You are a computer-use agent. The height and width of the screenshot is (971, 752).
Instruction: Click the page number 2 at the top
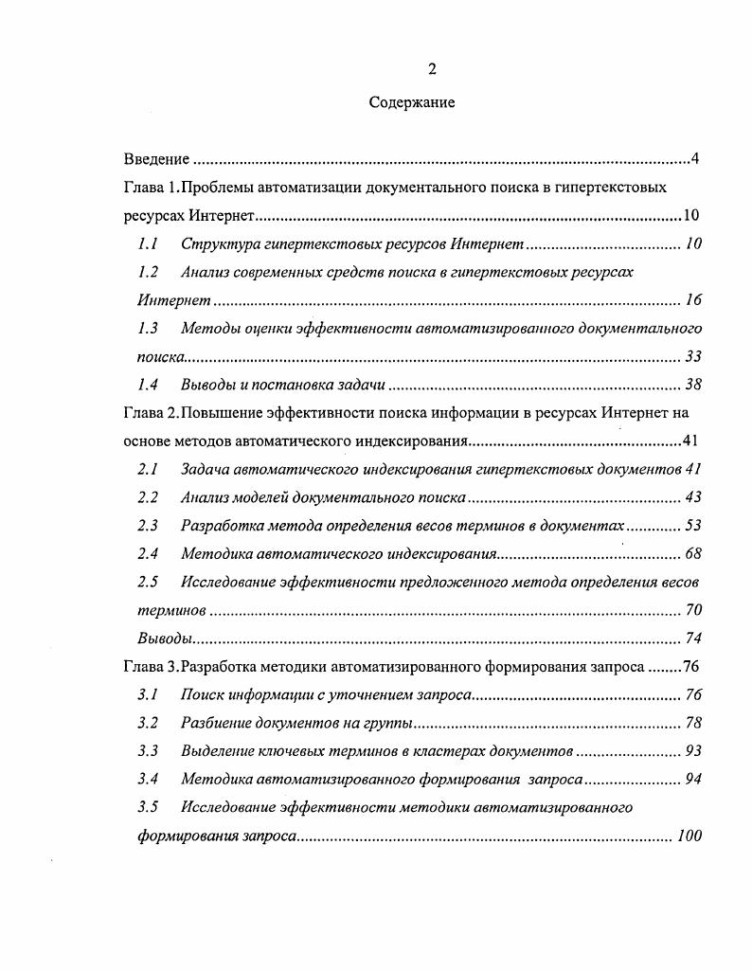click(x=432, y=69)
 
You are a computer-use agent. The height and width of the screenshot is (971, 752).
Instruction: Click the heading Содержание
click(x=412, y=102)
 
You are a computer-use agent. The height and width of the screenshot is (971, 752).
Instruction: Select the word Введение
click(x=157, y=158)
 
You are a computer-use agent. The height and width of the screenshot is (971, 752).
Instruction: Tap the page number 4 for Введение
click(x=695, y=158)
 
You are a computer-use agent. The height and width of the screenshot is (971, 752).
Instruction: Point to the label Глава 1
click(x=149, y=187)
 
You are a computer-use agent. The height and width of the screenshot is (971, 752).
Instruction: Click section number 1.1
click(x=147, y=243)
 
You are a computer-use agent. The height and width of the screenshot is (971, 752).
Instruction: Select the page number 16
click(x=693, y=300)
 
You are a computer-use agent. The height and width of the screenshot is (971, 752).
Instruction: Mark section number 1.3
click(x=147, y=328)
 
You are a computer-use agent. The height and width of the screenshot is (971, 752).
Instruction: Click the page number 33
click(x=693, y=357)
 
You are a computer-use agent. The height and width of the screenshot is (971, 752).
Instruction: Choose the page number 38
click(x=693, y=385)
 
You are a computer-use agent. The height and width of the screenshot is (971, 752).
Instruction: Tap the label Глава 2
click(x=149, y=413)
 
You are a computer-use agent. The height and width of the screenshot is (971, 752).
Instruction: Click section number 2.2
click(x=147, y=497)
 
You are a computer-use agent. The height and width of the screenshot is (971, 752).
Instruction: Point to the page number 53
click(x=693, y=526)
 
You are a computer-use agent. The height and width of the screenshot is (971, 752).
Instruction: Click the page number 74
click(x=693, y=638)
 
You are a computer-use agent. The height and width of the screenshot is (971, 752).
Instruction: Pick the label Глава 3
click(x=149, y=667)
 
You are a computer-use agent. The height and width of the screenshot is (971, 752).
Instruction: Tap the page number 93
click(x=693, y=751)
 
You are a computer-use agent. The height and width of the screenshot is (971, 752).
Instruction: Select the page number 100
click(x=689, y=836)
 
